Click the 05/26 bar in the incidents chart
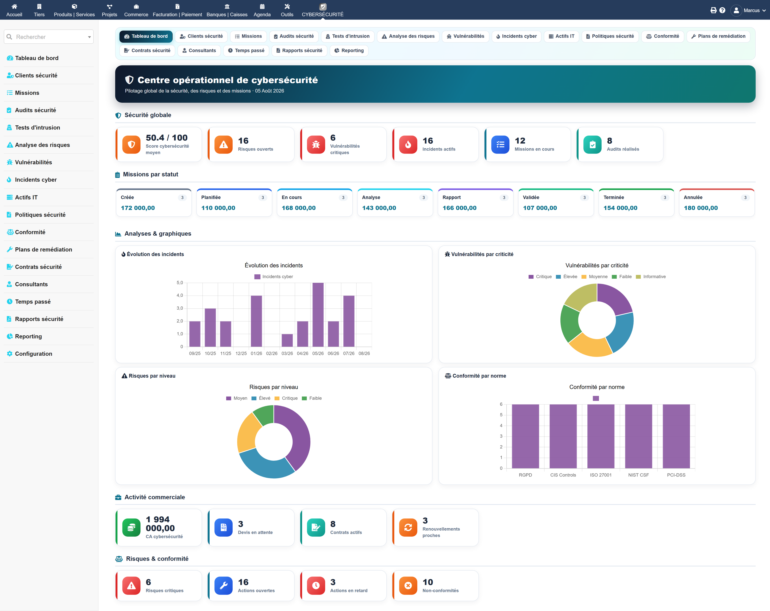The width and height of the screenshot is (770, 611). (x=318, y=315)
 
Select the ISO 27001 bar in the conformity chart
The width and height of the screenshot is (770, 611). (x=601, y=436)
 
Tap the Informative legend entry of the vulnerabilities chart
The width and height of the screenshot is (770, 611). (x=651, y=276)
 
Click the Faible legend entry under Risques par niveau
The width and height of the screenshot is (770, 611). (x=312, y=398)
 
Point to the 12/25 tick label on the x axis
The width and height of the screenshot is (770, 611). (x=241, y=353)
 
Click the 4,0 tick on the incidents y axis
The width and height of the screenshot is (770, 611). (x=180, y=295)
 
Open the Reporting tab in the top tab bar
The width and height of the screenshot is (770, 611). (x=349, y=50)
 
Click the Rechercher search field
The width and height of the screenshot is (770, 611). (x=49, y=37)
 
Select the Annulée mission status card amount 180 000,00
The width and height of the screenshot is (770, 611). (x=700, y=208)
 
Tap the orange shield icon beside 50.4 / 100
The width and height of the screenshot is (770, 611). (x=132, y=145)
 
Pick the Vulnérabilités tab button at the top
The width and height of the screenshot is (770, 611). (x=465, y=36)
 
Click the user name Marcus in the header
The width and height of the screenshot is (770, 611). (x=752, y=10)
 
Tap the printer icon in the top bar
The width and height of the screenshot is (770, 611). (x=713, y=10)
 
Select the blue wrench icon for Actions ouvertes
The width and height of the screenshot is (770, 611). (x=224, y=586)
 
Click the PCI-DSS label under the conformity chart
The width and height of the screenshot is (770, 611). (x=676, y=475)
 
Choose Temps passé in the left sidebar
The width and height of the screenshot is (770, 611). (x=33, y=301)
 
